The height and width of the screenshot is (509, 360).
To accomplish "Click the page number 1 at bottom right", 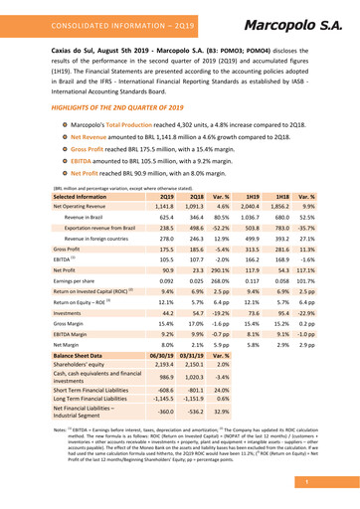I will [337, 483].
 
